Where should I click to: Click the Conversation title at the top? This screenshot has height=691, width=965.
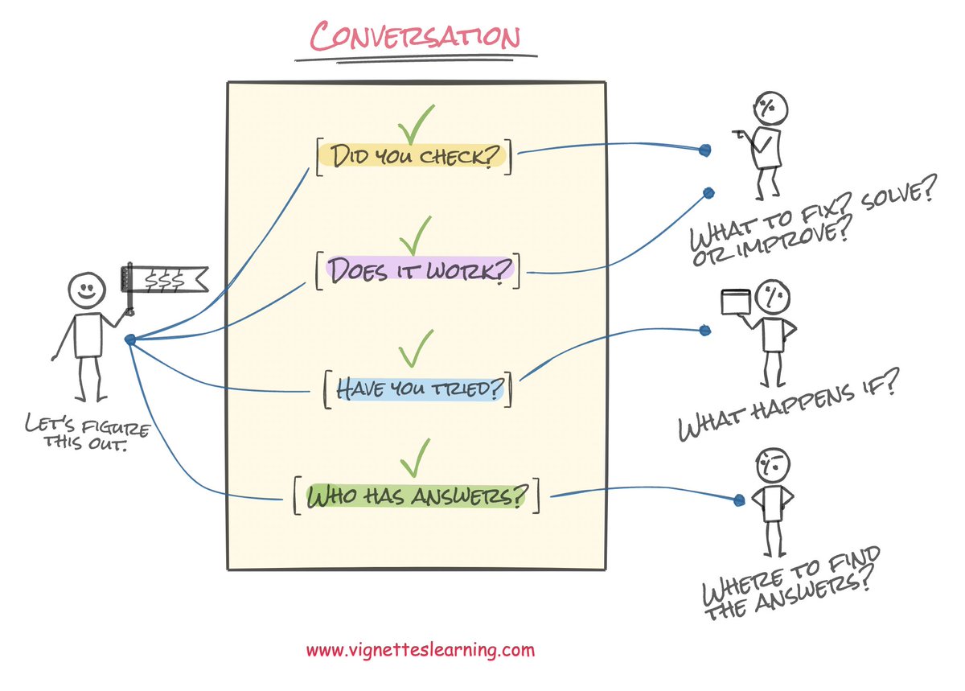pyautogui.click(x=415, y=38)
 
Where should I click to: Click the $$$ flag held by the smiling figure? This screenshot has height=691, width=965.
pyautogui.click(x=163, y=278)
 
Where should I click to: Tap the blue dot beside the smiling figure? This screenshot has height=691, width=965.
pyautogui.click(x=130, y=339)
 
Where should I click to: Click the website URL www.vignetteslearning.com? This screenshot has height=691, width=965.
pyautogui.click(x=420, y=649)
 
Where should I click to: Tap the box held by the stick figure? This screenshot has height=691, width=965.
pyautogui.click(x=734, y=302)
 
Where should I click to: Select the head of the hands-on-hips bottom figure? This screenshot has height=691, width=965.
pyautogui.click(x=773, y=465)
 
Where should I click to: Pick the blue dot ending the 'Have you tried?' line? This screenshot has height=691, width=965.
pyautogui.click(x=705, y=329)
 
